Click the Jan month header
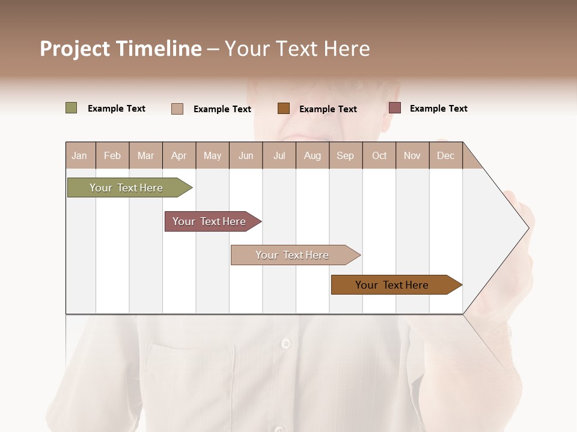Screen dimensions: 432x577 79,155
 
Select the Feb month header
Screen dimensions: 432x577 112,155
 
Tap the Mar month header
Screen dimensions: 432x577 145,155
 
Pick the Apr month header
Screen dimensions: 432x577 179,155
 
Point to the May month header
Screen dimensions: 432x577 212,155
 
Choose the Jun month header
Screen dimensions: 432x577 246,155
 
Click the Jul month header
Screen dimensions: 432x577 279,155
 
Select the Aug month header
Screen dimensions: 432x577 313,155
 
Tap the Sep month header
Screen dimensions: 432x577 345,155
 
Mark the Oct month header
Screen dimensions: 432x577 379,155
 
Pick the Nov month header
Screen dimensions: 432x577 412,155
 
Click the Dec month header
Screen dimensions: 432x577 446,155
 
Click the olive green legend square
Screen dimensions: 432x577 72,108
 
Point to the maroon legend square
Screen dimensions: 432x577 395,108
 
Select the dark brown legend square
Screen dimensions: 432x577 284,108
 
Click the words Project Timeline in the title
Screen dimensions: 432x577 121,49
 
